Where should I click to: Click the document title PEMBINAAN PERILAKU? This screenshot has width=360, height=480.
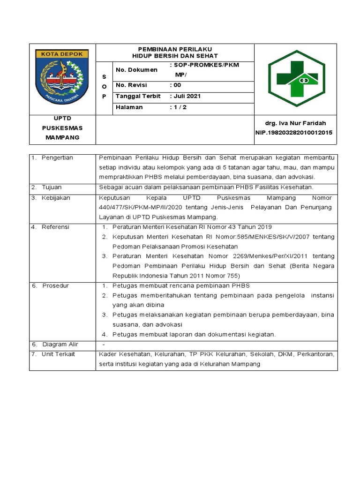click(x=175, y=49)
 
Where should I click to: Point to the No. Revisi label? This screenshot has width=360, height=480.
click(x=131, y=85)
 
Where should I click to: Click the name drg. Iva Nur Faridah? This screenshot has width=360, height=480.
click(x=295, y=123)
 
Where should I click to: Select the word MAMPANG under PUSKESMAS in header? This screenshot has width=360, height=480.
click(x=62, y=137)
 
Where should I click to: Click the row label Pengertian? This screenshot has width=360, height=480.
click(x=57, y=157)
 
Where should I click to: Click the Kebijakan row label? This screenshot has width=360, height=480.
click(x=56, y=198)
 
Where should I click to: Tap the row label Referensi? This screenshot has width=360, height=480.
click(x=55, y=227)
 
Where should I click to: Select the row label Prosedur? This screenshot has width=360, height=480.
click(x=55, y=285)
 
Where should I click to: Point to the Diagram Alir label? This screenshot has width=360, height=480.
click(x=60, y=345)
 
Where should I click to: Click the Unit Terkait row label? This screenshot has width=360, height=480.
click(x=58, y=354)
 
